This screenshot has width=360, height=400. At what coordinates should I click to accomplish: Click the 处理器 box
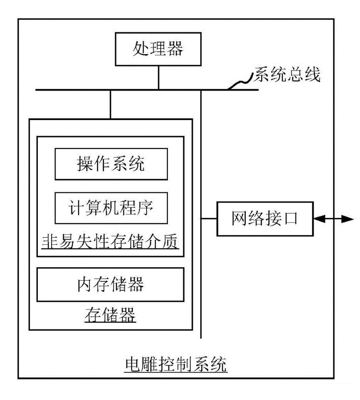[158, 49]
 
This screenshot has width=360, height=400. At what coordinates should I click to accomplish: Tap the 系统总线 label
[287, 74]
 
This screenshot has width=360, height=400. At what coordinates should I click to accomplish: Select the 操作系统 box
[111, 164]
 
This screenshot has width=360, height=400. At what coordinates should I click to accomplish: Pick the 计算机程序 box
[111, 208]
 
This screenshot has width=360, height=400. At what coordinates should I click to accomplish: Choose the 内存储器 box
[111, 284]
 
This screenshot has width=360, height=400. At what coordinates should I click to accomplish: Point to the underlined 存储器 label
[111, 315]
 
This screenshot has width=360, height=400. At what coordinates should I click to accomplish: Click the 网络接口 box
[264, 219]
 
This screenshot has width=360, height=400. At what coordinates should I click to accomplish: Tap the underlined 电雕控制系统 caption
[176, 364]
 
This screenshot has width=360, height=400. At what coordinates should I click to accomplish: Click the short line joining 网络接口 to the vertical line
[209, 219]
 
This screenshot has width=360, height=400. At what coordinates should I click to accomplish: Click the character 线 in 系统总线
[313, 74]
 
